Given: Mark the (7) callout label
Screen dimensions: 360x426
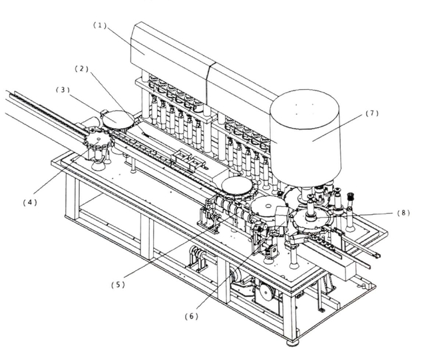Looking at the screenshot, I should click(x=371, y=113).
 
